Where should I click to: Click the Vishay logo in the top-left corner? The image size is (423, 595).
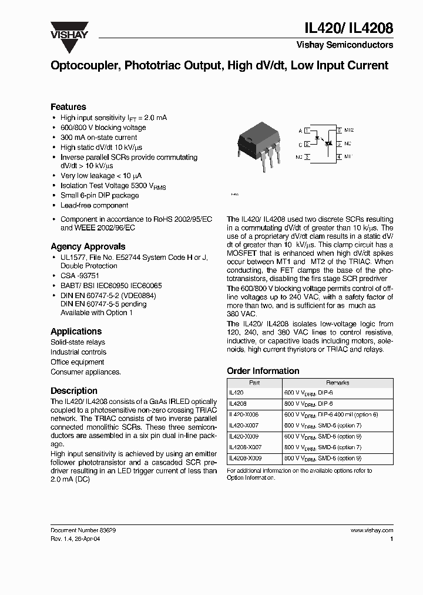pos(69,31)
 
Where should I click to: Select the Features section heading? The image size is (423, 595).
pos(68,106)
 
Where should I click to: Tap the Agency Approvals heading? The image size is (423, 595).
pos(88,246)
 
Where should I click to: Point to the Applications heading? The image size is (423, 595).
pos(76,331)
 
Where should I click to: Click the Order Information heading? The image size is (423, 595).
pos(263,370)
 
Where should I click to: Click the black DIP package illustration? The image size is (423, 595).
pos(257,141)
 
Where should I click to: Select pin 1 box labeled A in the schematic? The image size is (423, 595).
pos(307,130)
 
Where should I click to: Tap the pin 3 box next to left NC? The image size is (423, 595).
pos(307,157)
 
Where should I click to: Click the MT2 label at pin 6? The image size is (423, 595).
pos(348,130)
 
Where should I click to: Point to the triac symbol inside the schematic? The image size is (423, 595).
pos(330,143)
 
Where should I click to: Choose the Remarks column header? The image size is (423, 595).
pos(337,382)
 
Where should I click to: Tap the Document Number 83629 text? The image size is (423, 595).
pos(83,530)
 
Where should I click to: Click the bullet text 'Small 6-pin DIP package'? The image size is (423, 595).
pos(99,195)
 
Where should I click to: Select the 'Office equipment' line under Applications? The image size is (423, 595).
pos(77,362)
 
